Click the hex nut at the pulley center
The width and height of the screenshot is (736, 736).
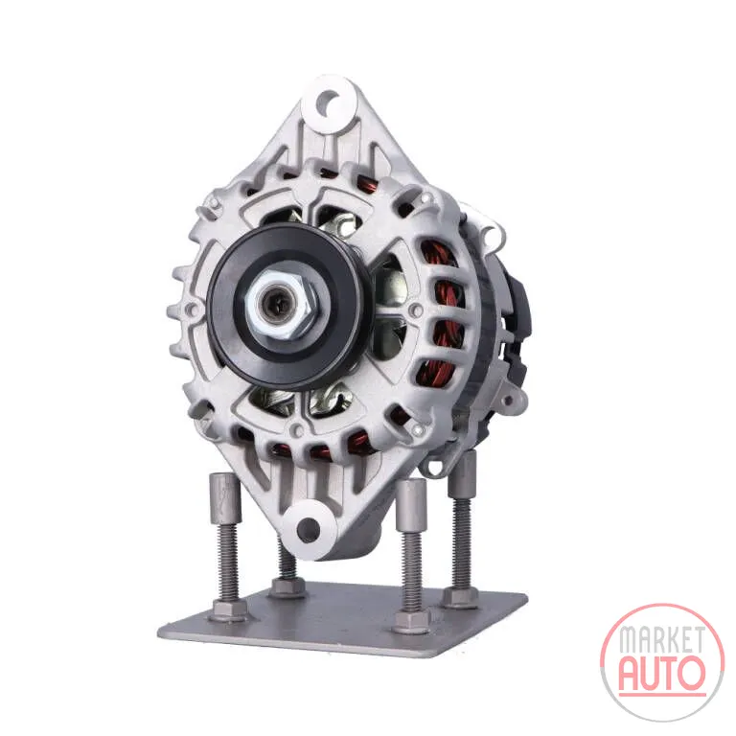point(283,305)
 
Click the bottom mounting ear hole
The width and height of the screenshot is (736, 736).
point(309,528)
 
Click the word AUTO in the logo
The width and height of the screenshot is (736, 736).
point(662,673)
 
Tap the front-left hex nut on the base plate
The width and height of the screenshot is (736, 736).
point(230,609)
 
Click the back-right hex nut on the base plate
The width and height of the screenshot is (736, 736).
point(461,596)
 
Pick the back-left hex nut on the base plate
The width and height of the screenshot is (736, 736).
point(287,587)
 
